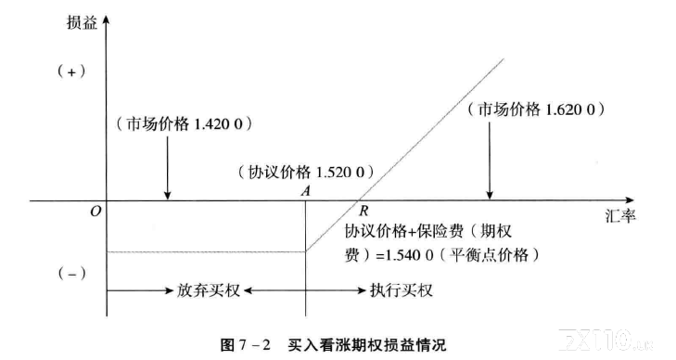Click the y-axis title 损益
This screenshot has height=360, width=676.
(82, 22)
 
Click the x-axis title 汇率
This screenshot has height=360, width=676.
(620, 215)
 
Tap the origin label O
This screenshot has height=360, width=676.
(96, 212)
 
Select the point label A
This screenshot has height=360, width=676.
(306, 191)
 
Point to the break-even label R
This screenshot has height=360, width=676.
(364, 211)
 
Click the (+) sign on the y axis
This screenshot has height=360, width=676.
(71, 71)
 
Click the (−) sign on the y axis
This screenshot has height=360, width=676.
(71, 274)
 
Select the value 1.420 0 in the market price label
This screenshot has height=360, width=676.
(219, 124)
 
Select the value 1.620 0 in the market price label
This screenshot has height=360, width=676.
(570, 109)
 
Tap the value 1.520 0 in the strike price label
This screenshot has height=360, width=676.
(340, 173)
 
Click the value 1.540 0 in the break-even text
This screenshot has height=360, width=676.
(409, 255)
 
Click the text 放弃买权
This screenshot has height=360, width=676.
(209, 290)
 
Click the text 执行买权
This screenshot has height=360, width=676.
(402, 290)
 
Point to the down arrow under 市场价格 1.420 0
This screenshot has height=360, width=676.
(168, 168)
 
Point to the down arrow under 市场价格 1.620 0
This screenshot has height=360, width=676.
(490, 161)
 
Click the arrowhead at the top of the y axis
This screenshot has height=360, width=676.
(107, 19)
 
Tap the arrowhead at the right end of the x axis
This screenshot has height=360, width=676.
(630, 200)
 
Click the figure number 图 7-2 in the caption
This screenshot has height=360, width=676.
(246, 345)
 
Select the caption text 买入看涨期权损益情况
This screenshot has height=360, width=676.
(367, 345)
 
